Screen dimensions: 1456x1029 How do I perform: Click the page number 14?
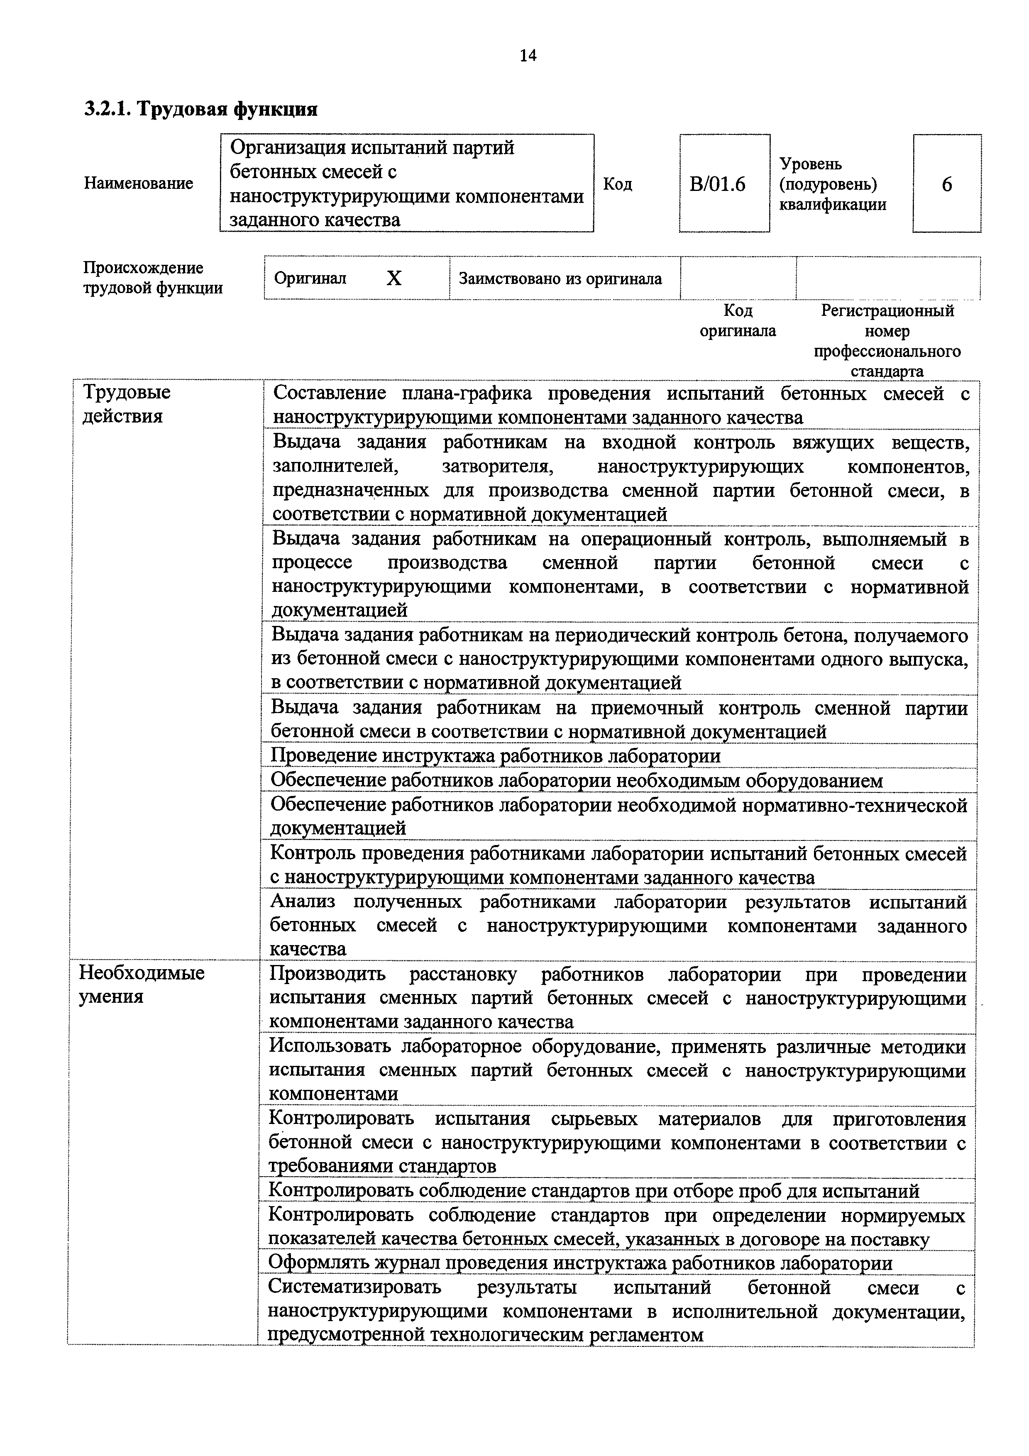tap(528, 56)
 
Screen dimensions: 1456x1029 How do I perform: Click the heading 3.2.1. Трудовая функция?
tap(200, 109)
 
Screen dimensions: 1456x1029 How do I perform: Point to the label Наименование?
tap(138, 183)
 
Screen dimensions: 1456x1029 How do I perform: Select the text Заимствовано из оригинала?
tap(560, 278)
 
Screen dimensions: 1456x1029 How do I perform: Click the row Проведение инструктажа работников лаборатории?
tap(495, 756)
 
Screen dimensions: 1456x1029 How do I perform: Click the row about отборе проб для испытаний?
tap(594, 1191)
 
